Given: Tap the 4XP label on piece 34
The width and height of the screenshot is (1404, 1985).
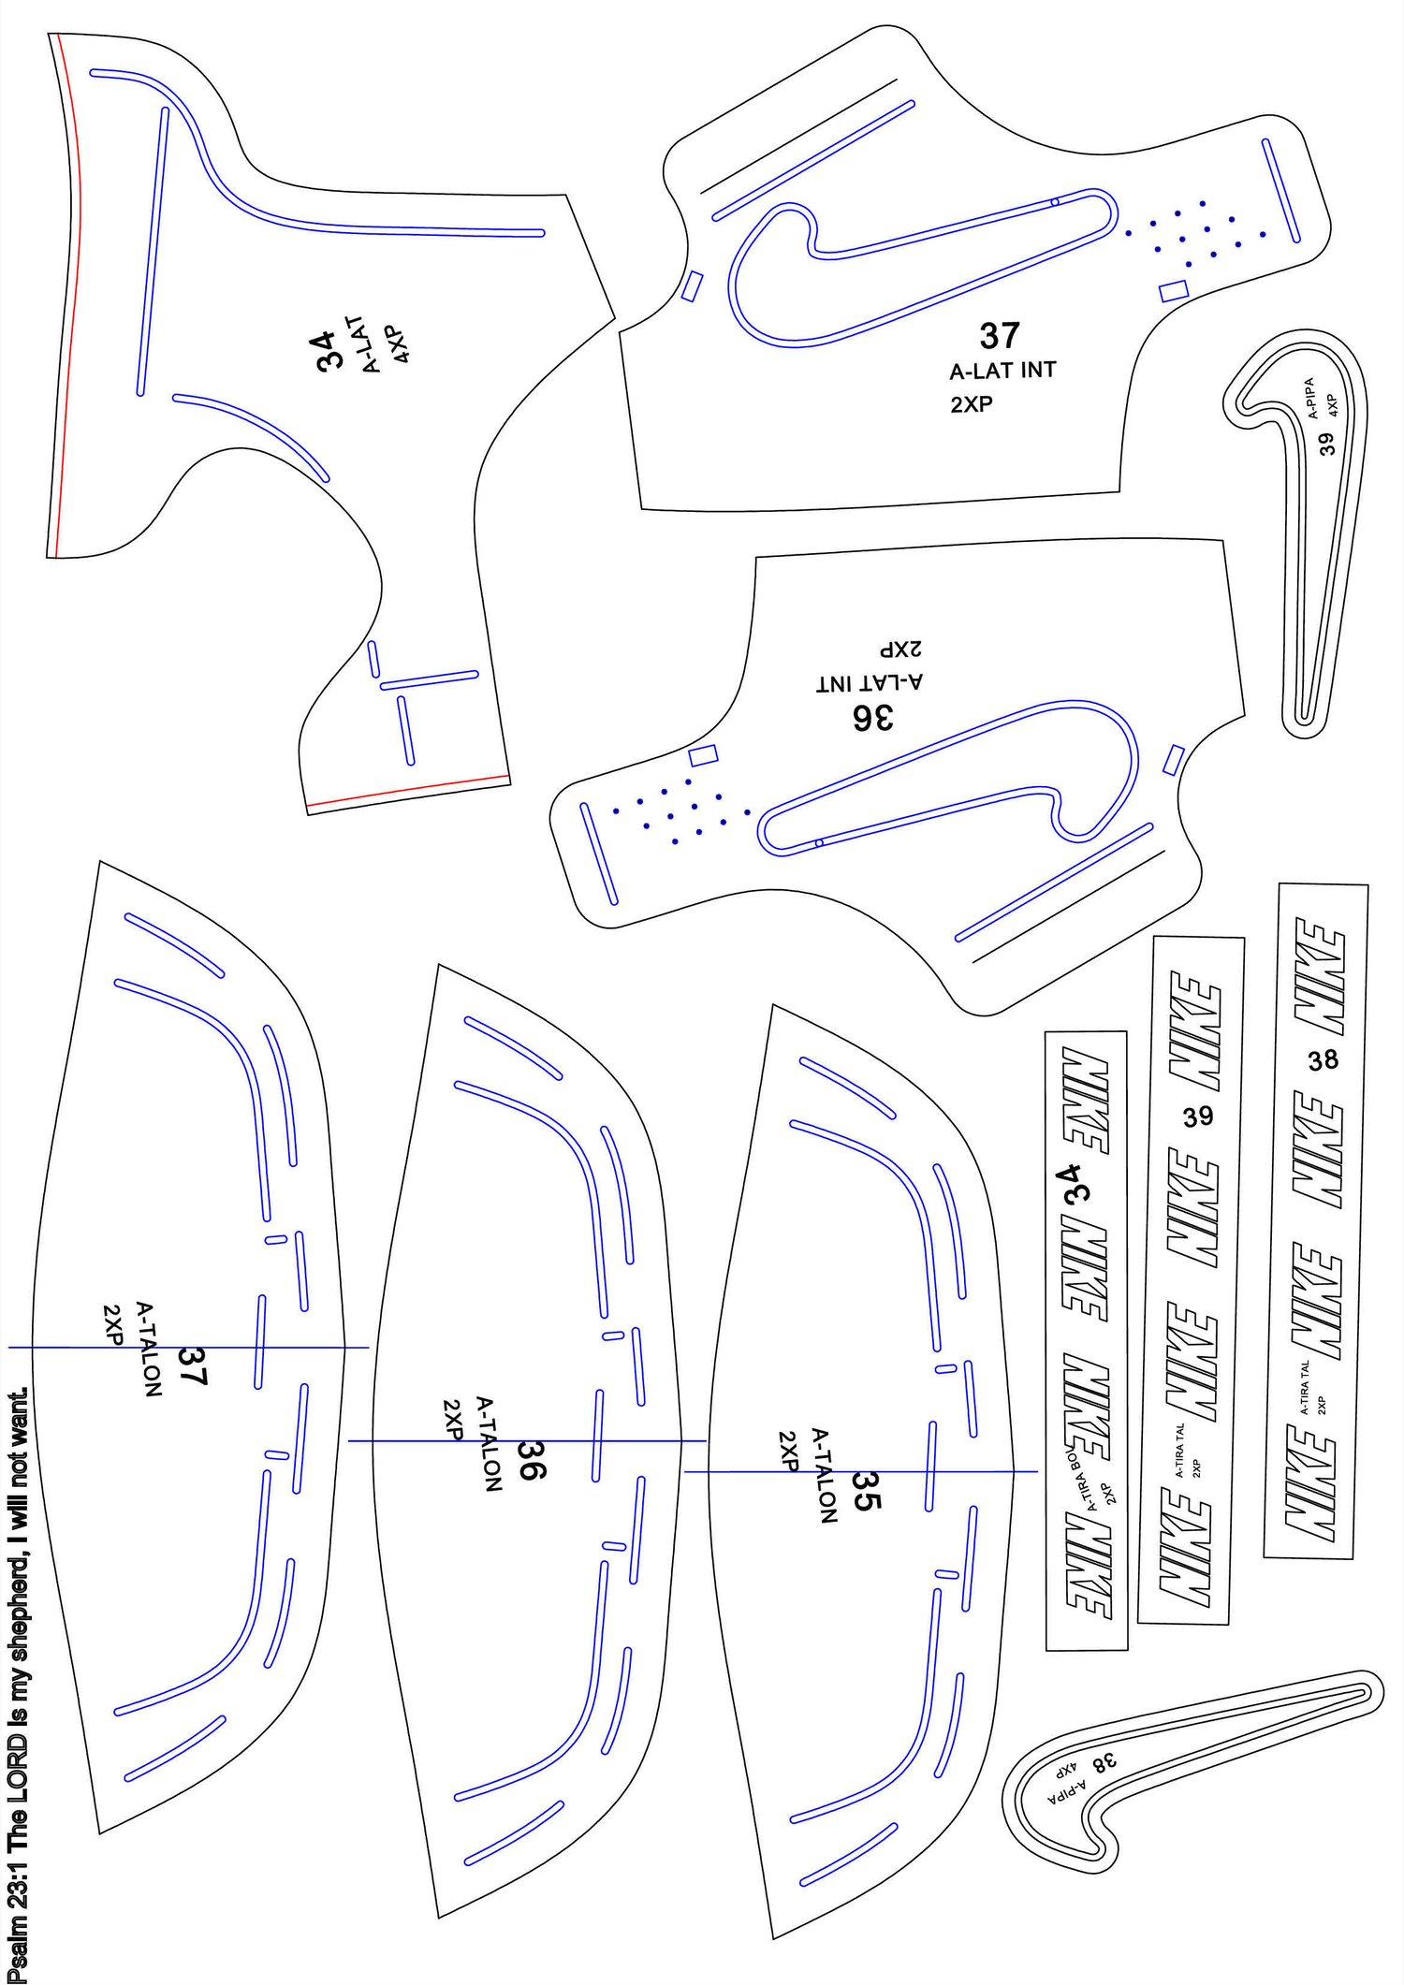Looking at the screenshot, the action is pos(398,343).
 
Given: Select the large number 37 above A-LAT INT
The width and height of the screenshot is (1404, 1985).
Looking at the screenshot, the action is pos(1000,335).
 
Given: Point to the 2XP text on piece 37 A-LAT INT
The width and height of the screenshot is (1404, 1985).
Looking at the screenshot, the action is pos(972,404).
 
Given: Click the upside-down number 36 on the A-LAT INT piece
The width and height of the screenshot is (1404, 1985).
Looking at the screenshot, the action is pos(872,718).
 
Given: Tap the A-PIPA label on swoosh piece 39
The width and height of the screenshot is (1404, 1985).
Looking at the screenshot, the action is pos(1312,398).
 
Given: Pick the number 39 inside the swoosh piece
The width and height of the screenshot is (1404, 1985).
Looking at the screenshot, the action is pos(1326,444).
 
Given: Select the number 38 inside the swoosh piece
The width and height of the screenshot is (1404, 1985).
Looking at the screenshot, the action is pos(1104,1762).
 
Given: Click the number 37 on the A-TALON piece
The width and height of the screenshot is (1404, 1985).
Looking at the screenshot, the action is pos(192,1365).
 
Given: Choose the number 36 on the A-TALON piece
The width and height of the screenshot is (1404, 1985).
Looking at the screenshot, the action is pos(531,1460).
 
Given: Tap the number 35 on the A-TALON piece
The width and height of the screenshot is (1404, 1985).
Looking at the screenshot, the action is pos(866,1491).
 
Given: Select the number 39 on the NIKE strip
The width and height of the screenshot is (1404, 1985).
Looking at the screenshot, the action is pos(1198,1117).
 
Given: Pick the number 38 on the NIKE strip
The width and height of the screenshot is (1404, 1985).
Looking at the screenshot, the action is pos(1324,1060).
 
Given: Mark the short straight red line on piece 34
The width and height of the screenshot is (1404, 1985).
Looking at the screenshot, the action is pos(407,790).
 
